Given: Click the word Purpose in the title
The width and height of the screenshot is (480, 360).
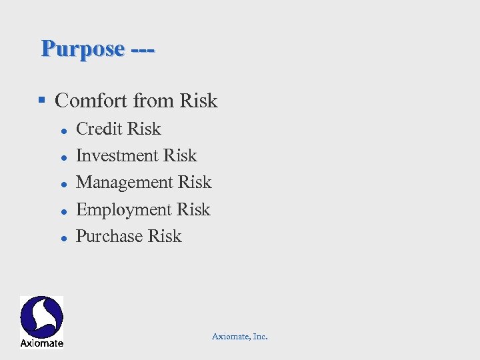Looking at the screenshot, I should tap(83, 49).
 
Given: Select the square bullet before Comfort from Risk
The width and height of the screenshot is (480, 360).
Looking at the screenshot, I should tap(41, 100).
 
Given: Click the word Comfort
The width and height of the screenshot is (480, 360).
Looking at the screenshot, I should tap(92, 101).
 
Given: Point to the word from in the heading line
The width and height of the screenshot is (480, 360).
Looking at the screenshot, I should tap(153, 101).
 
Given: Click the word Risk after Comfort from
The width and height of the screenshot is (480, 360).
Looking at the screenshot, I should tap(198, 101).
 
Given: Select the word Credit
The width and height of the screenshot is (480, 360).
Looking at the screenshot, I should tap(99, 129).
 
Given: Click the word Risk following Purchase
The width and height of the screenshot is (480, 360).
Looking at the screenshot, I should tap(165, 237).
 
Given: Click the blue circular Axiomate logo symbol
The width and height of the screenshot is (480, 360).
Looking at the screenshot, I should tap(41, 317).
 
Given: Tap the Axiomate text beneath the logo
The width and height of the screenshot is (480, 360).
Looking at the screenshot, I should tap(41, 343).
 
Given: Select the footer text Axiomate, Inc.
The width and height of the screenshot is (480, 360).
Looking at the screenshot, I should tap(240, 337).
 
